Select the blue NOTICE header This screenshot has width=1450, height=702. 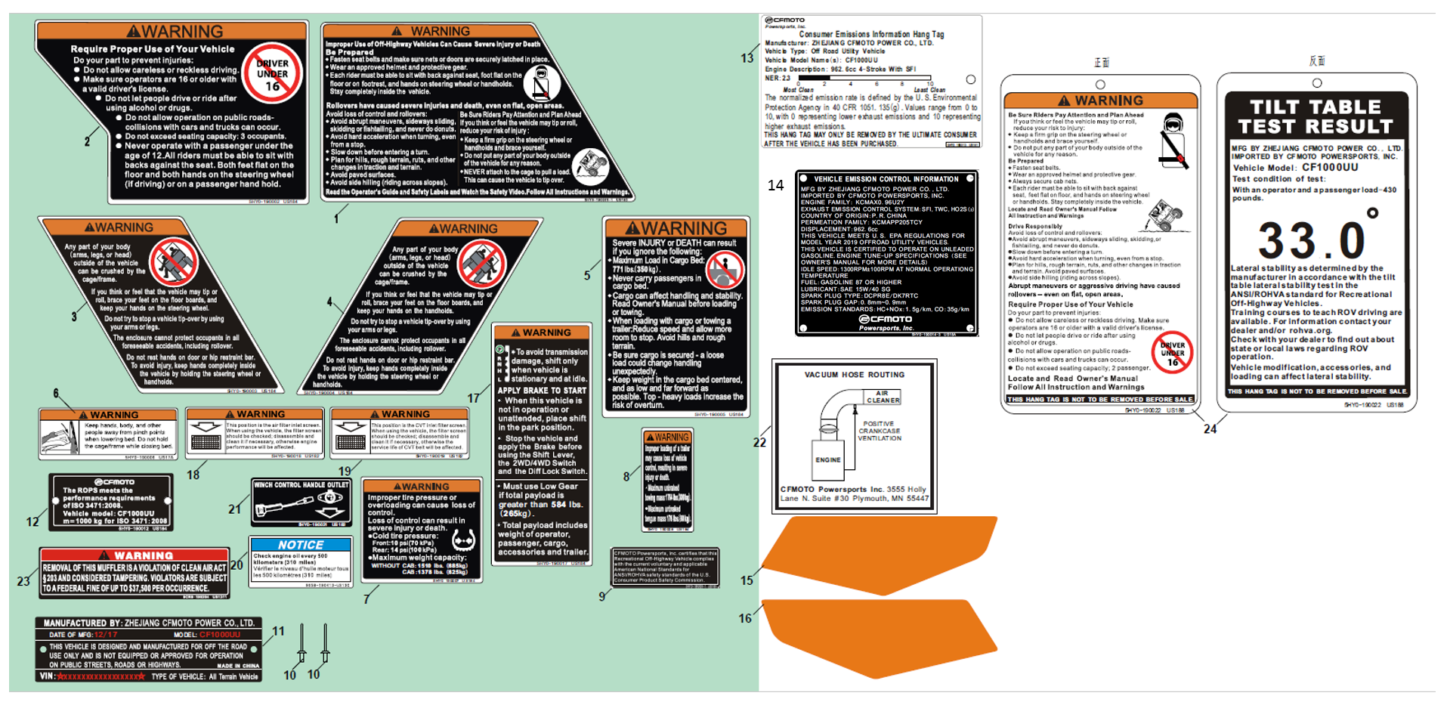pos(301,545)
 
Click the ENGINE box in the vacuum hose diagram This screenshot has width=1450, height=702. pos(827,459)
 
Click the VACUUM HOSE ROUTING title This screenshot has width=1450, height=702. pos(854,375)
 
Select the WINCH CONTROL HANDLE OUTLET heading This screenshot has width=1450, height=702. pos(301,485)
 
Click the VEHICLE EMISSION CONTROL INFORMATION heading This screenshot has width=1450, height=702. pos(886,179)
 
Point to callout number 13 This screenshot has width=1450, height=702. pos(747,58)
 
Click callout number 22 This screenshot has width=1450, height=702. pos(759,442)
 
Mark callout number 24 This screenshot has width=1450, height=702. pos(1210,429)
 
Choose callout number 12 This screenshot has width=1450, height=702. pos(32,521)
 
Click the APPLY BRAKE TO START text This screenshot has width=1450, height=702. pos(542,391)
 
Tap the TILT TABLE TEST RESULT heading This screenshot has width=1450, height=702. pos(1316,117)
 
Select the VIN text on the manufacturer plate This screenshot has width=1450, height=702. pos(48,676)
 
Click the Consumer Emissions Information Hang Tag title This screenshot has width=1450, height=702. pos(871,34)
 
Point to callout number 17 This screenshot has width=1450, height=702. pos(474,398)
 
